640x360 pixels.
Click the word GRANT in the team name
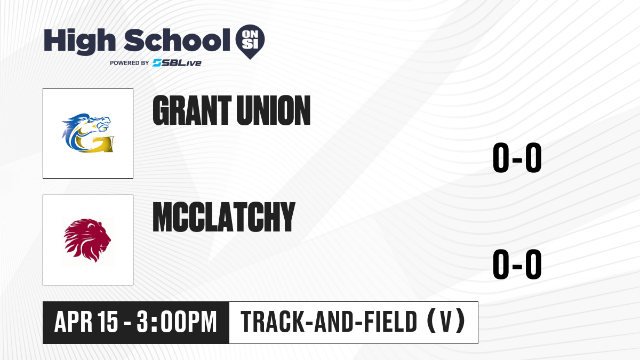click(192, 110)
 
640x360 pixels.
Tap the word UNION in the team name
click(274, 110)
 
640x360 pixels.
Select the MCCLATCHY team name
click(223, 217)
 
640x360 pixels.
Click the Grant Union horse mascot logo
click(87, 133)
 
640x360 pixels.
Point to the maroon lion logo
click(87, 241)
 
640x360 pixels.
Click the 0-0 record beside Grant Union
click(517, 157)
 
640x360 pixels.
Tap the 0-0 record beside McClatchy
click(517, 264)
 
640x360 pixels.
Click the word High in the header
click(80, 42)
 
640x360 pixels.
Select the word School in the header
click(177, 40)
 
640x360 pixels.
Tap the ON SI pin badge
click(250, 42)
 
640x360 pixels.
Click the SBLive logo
click(177, 63)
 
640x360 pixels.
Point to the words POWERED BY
click(130, 63)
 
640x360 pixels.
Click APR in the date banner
click(74, 322)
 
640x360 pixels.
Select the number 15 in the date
click(108, 322)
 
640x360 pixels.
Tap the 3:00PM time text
click(177, 322)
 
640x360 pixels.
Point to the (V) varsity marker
click(446, 322)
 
